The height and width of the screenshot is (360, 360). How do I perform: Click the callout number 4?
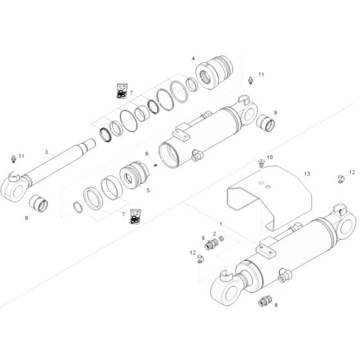point(192,59)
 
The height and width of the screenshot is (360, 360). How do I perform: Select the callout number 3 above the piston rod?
point(46,152)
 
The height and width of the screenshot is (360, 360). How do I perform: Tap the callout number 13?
point(307,174)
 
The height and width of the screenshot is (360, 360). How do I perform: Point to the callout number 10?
point(270,157)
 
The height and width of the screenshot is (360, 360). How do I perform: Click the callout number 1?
point(221,224)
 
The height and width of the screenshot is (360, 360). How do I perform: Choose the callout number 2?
point(214,233)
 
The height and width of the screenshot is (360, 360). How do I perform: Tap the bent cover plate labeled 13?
point(267,193)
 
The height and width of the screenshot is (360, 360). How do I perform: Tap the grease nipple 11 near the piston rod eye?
point(14,159)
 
